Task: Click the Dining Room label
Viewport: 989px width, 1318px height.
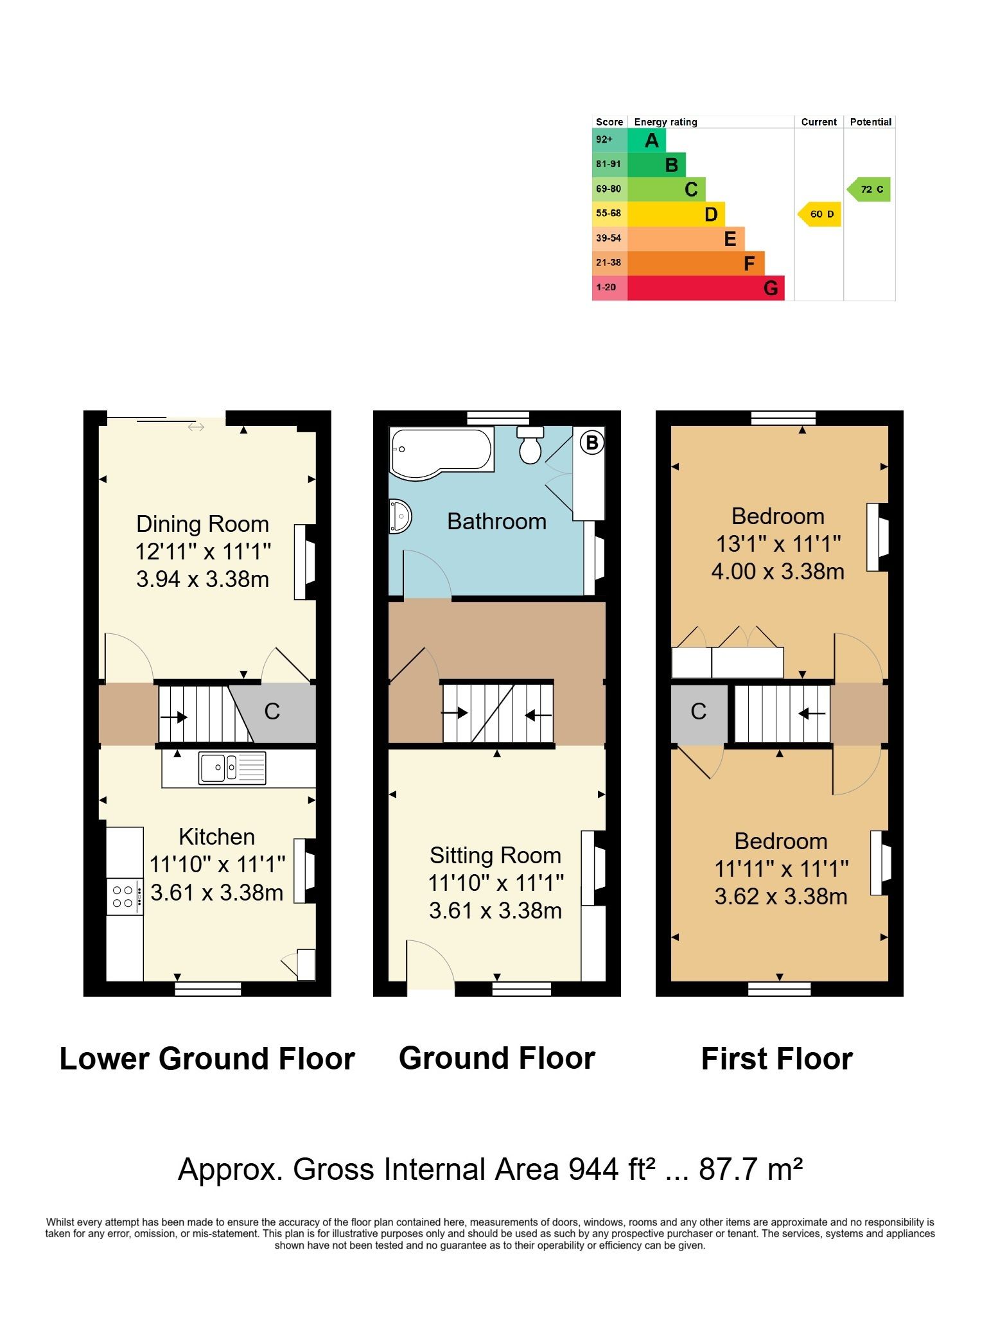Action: click(202, 524)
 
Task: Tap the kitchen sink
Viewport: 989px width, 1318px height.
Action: click(232, 768)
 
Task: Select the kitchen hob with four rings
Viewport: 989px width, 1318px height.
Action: click(125, 897)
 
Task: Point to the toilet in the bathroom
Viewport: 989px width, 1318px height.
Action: click(530, 444)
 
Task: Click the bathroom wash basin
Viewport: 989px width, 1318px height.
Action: click(399, 516)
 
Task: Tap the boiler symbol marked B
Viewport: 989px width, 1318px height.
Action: click(592, 443)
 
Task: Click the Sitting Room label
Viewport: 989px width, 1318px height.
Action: click(495, 856)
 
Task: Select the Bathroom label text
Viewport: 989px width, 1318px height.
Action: click(496, 522)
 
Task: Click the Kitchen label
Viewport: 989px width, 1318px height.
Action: click(217, 837)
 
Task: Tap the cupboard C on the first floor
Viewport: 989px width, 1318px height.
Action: click(699, 712)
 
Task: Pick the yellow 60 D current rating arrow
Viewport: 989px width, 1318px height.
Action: click(819, 214)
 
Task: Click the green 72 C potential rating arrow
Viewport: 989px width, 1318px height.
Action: click(869, 189)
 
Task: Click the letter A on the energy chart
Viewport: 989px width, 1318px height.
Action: click(652, 141)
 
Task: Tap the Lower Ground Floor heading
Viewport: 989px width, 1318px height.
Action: click(207, 1059)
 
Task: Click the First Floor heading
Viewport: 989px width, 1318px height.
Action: click(777, 1059)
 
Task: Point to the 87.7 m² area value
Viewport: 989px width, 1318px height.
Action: click(751, 1169)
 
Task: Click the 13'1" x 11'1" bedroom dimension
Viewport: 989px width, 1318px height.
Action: click(778, 544)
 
